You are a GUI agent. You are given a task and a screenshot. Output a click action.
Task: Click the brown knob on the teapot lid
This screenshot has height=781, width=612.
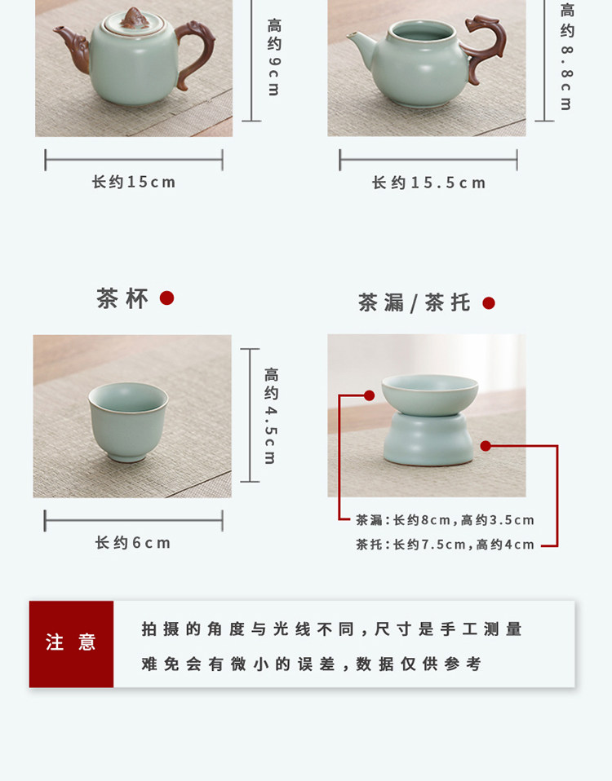[134, 19]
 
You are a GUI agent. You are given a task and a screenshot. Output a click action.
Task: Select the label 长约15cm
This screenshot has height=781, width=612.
[134, 182]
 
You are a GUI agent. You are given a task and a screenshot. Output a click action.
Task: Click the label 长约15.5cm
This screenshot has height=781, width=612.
[428, 183]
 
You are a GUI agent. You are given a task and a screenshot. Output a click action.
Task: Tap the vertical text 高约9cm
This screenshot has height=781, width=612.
[273, 57]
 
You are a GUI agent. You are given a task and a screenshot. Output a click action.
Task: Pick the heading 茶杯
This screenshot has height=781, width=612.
[122, 299]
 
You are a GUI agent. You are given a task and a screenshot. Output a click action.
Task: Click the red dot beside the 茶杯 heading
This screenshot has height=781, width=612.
[166, 298]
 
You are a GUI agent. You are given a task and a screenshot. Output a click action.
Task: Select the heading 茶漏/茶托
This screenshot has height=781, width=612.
[415, 302]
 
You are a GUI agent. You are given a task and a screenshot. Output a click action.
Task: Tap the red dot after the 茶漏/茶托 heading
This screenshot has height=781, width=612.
[489, 302]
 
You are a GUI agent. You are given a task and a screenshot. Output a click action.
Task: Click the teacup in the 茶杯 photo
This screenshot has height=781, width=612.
[128, 421]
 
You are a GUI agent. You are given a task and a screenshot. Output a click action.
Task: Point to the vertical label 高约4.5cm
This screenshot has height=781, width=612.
[271, 416]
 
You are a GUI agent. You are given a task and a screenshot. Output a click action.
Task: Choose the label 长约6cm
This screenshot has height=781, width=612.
[133, 542]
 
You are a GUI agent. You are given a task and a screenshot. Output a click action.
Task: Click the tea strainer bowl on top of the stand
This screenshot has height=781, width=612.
[429, 395]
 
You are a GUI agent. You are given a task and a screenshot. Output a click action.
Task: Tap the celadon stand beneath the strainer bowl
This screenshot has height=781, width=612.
[428, 439]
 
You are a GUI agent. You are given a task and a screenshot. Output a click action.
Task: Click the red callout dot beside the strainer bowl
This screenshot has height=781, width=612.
[370, 395]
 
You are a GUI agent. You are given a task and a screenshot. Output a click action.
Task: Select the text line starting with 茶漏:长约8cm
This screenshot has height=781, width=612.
[445, 520]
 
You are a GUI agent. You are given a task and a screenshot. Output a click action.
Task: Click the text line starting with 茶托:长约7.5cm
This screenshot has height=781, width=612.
[445, 545]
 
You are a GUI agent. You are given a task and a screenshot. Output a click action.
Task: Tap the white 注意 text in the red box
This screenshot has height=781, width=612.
[71, 642]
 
